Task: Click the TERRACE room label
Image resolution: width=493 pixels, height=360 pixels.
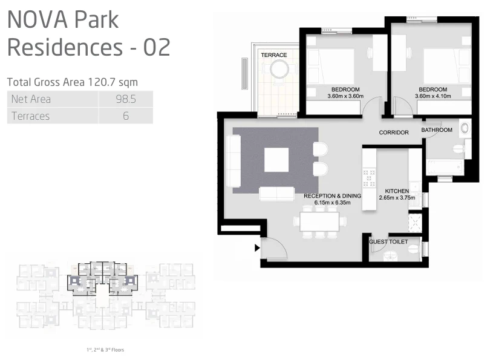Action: click(274, 55)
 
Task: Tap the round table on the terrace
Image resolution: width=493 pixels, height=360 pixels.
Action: click(279, 69)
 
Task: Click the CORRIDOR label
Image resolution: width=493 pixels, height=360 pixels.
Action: click(394, 133)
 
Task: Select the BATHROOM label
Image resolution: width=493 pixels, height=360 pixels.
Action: click(437, 130)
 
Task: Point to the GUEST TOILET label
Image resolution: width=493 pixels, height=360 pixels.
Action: click(388, 242)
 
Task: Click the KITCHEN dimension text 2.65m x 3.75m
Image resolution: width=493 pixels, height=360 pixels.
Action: click(397, 198)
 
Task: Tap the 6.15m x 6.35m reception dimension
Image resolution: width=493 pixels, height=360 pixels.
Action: click(332, 203)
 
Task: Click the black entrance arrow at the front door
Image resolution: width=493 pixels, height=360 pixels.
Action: click(257, 248)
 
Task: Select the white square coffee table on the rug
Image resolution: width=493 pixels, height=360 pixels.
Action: click(276, 160)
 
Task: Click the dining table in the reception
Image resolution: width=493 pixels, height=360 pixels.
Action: click(319, 221)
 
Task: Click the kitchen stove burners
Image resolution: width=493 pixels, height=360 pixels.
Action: click(369, 178)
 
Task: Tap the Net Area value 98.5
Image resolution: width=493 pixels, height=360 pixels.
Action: click(126, 99)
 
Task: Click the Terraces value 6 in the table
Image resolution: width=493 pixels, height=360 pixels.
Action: click(126, 116)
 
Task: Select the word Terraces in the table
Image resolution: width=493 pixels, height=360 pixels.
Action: click(30, 116)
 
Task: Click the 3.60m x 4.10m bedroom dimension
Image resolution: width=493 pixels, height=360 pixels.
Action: click(433, 96)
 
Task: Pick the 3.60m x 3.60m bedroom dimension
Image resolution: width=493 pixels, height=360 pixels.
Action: click(345, 96)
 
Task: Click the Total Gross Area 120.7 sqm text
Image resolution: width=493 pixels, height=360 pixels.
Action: click(73, 82)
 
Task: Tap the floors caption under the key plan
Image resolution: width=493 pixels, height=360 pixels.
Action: click(105, 350)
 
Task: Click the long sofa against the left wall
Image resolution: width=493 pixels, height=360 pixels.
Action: click(233, 161)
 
